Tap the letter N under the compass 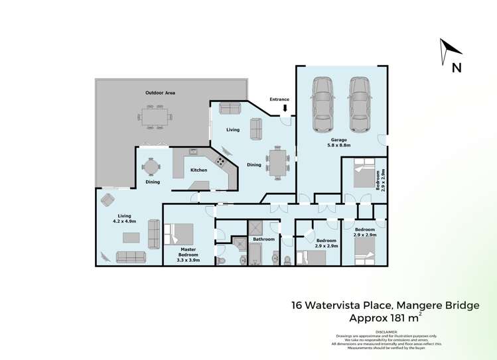(456, 67)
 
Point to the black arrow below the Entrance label (285, 108)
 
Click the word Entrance (279, 99)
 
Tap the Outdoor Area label (160, 93)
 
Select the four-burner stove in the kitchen (220, 161)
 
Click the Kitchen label (198, 170)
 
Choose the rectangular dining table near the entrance (277, 162)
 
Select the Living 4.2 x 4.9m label (124, 219)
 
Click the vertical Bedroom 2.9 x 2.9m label (382, 181)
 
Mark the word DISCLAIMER (386, 331)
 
